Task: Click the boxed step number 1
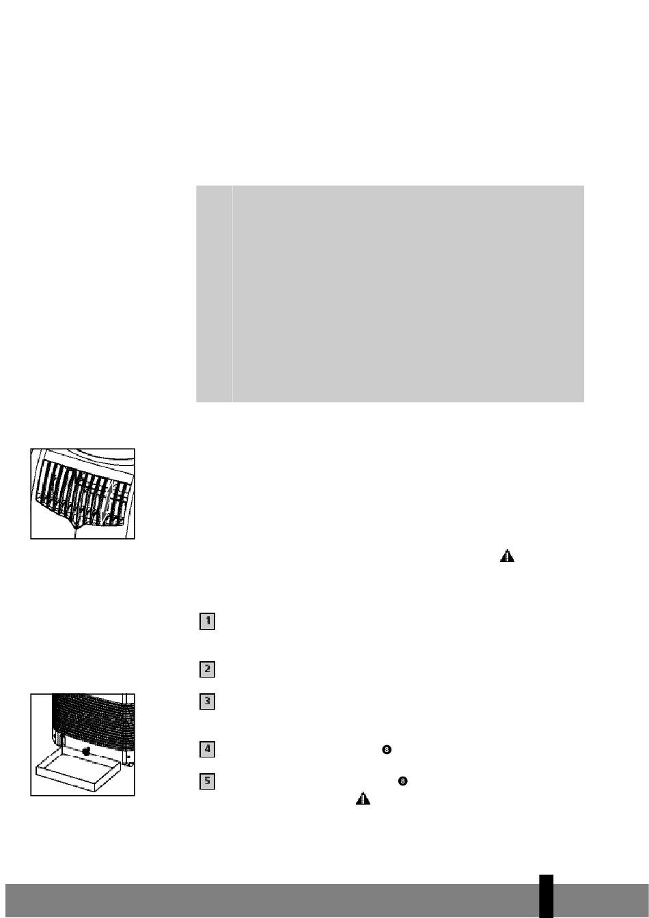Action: point(207,622)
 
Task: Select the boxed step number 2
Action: point(207,669)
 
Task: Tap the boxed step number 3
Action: point(207,701)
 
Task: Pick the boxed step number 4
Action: point(207,749)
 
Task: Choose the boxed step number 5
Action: point(207,781)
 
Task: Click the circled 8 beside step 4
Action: point(387,749)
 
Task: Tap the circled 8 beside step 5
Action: point(402,781)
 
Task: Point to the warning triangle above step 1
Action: point(507,556)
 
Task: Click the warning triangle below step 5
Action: point(363,798)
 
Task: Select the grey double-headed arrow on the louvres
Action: point(107,502)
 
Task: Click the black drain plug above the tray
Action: point(86,751)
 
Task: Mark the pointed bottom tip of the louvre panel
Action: point(75,529)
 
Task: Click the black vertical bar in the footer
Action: point(546,896)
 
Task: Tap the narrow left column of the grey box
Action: point(214,294)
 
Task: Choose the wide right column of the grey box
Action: point(409,294)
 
